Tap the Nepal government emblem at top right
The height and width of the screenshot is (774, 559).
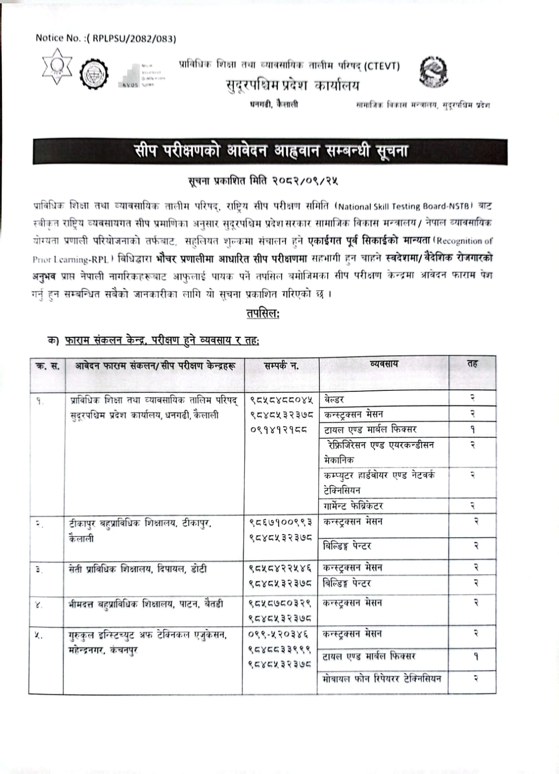pos(433,72)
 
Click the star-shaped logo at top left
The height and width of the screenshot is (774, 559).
pos(57,66)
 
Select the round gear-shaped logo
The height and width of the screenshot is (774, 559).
pos(94,74)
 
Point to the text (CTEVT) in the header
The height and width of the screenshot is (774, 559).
pos(381,65)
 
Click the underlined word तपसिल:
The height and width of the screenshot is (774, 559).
pos(263,313)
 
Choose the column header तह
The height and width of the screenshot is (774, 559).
pos(472,364)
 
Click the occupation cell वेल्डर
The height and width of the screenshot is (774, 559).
pos(334,400)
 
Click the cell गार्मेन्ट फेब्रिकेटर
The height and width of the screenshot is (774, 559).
pos(353,506)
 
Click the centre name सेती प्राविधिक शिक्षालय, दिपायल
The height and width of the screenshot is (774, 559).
pos(138,569)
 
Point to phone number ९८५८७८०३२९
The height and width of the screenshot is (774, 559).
pos(280,603)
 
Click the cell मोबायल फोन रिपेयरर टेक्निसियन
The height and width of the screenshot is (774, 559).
pos(382,679)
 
